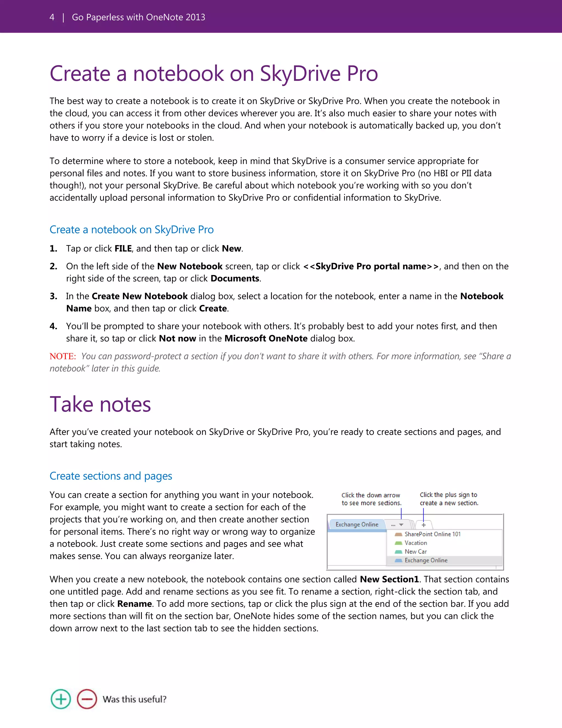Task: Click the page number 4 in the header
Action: tap(52, 17)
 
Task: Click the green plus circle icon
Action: tap(61, 699)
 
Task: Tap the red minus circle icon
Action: tap(87, 699)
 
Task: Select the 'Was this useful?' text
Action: tap(134, 699)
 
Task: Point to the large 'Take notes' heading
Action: tap(100, 404)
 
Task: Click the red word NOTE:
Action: tap(63, 356)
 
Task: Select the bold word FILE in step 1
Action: tap(123, 249)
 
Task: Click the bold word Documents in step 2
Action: tap(235, 279)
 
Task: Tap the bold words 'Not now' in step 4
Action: tap(178, 339)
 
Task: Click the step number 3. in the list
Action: tap(54, 296)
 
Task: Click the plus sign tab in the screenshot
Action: tap(423, 525)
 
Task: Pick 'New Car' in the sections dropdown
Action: tap(415, 552)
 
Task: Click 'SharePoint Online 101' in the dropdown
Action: tap(432, 534)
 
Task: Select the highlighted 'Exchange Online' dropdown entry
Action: tap(426, 561)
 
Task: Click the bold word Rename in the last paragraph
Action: tap(134, 604)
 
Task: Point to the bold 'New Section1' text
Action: tap(389, 579)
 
